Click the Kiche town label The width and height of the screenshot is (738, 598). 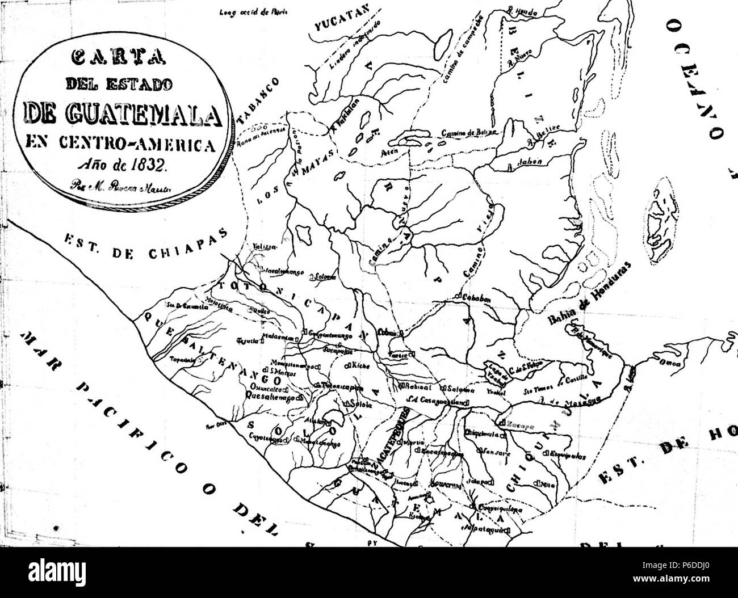tap(361, 366)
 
